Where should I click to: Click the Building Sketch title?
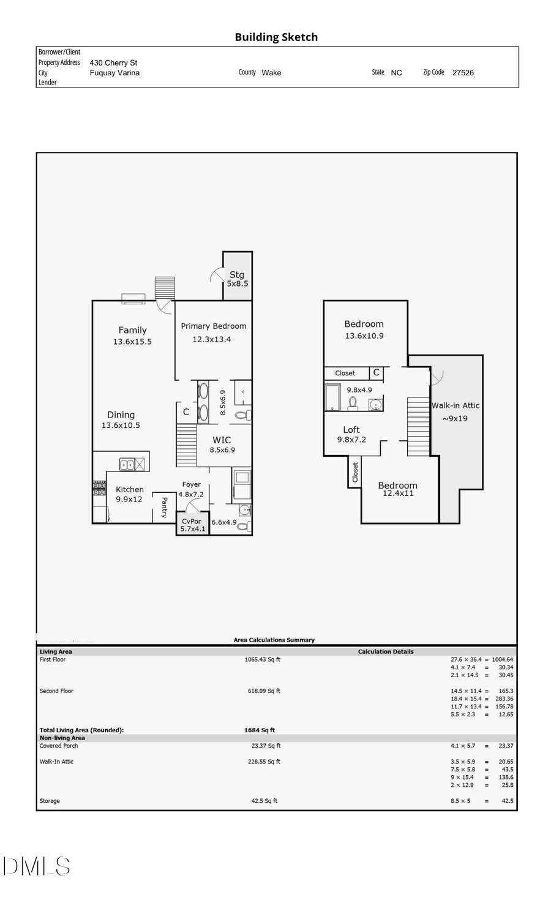pos(276,37)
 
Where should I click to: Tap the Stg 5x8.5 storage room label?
pos(237,279)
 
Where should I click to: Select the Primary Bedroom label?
pos(214,326)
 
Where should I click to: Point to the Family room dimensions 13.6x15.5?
pos(132,342)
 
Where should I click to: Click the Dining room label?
pos(121,415)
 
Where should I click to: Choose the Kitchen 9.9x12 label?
pos(130,494)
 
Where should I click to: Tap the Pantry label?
pos(164,508)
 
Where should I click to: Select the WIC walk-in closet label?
pos(222,440)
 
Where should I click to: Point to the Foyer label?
pos(192,484)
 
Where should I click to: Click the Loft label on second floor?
pos(351,430)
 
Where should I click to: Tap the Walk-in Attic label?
pos(455,405)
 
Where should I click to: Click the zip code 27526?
pos(463,72)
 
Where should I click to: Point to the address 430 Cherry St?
pos(113,62)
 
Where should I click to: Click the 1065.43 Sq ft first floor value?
pos(263,659)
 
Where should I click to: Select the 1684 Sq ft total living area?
pos(260,730)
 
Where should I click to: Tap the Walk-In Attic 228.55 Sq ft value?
pos(266,762)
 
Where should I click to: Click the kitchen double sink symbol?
pos(127,465)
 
